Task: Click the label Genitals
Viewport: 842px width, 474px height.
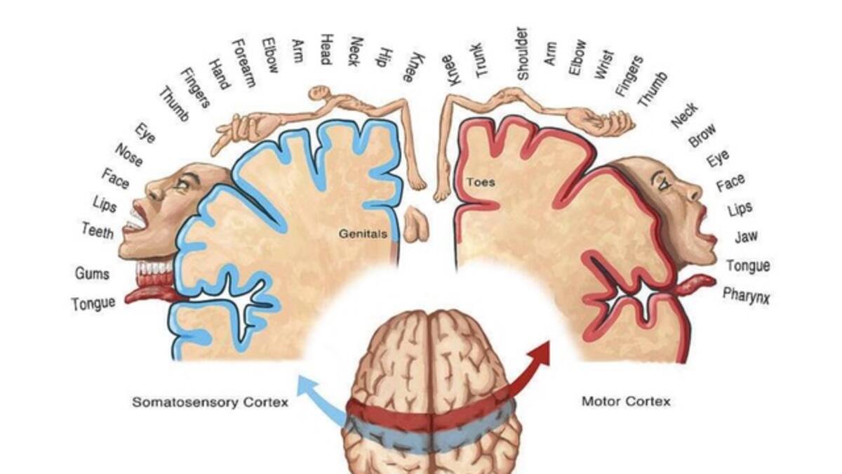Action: click(362, 234)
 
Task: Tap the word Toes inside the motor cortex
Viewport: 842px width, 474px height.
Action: click(481, 183)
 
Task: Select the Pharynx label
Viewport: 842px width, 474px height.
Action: click(746, 296)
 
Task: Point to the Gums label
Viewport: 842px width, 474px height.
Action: click(92, 273)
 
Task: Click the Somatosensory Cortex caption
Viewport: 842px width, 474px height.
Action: click(210, 403)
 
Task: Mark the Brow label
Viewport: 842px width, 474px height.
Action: click(702, 135)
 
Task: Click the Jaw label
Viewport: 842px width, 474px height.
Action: click(745, 237)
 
